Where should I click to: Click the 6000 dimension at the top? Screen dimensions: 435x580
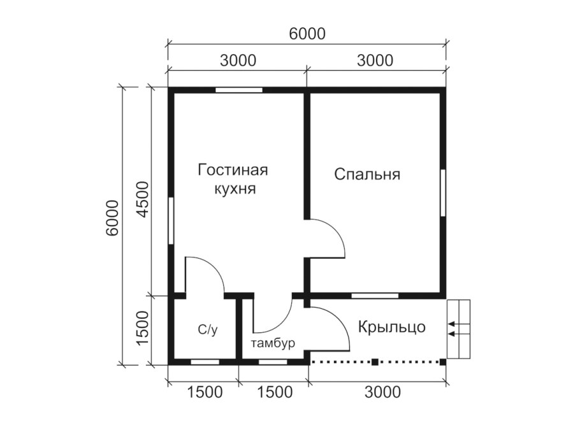tap(307, 34)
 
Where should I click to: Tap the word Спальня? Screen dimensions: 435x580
tap(367, 175)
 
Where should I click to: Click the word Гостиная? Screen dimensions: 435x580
tap(232, 170)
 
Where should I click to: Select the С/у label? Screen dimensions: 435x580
tap(207, 329)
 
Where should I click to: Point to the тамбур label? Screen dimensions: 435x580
tap(273, 344)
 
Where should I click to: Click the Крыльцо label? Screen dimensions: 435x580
tap(391, 327)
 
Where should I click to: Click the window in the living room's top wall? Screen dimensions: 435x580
tap(238, 90)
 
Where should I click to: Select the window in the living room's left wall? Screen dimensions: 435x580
tap(171, 220)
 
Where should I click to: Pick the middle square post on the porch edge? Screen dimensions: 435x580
tap(375, 362)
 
